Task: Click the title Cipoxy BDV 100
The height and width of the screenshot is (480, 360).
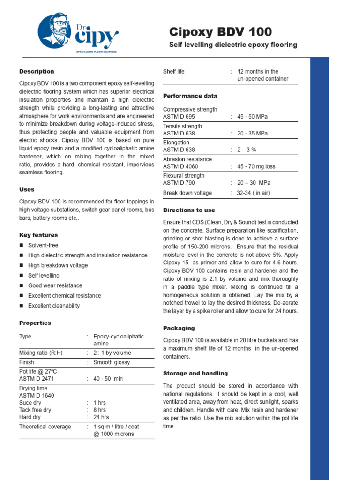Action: pos(220,32)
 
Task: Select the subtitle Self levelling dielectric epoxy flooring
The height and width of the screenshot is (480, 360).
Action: pos(232,45)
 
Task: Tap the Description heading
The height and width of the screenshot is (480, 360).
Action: pos(37,72)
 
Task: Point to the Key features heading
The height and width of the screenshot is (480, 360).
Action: pos(38,235)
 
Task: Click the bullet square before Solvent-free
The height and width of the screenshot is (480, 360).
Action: pos(22,245)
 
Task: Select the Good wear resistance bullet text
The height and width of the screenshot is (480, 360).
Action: pos(55,285)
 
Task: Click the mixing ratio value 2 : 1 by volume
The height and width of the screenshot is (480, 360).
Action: pos(112,353)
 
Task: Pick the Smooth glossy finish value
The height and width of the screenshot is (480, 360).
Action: pos(112,362)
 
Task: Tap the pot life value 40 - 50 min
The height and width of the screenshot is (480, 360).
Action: pos(108,379)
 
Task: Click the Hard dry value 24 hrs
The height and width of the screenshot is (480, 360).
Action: pos(101,417)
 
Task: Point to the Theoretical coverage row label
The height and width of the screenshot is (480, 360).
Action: pos(45,427)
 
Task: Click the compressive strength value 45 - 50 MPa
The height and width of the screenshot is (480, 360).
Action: pos(253,117)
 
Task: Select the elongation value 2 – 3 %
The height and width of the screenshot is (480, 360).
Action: pos(247,150)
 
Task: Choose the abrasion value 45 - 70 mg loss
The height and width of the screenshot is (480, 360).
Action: pos(256,166)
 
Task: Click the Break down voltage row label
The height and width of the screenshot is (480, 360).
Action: pos(187,193)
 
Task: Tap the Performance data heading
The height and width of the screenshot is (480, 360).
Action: pos(190,96)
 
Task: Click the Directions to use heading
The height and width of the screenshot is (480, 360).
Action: pos(189,210)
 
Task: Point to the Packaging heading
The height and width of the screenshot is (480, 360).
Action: pos(179,329)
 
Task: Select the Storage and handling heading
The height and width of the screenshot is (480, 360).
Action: pos(195,374)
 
